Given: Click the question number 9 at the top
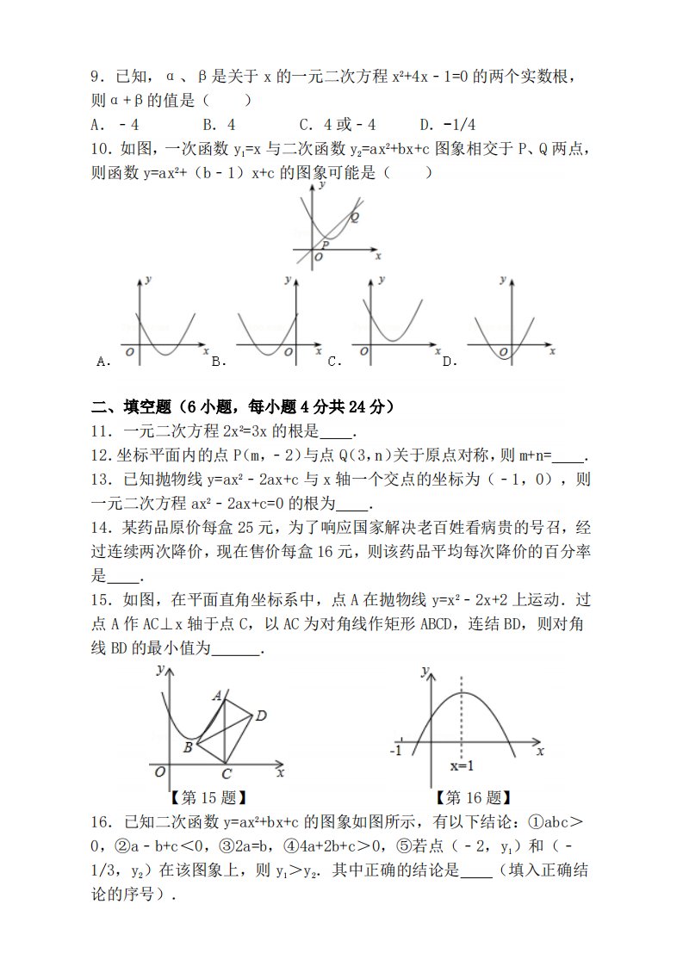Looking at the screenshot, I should point(96,77).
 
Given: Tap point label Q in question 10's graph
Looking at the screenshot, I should point(354,217).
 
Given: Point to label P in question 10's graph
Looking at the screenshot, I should point(326,245).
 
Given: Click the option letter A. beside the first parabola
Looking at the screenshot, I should point(104,362).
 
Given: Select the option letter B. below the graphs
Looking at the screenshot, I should point(218,362).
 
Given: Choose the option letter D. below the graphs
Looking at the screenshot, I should point(449,362).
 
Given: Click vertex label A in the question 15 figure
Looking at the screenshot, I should point(218,694).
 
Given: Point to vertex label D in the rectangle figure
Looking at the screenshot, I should point(261,715).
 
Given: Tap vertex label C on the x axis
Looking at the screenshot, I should point(226,774).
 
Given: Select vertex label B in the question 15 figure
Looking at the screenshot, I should point(187,747).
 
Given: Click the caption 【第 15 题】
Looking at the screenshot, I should point(209,798).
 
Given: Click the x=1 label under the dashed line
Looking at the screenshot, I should point(463,766).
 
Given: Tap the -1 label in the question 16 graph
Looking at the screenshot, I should point(397,751).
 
